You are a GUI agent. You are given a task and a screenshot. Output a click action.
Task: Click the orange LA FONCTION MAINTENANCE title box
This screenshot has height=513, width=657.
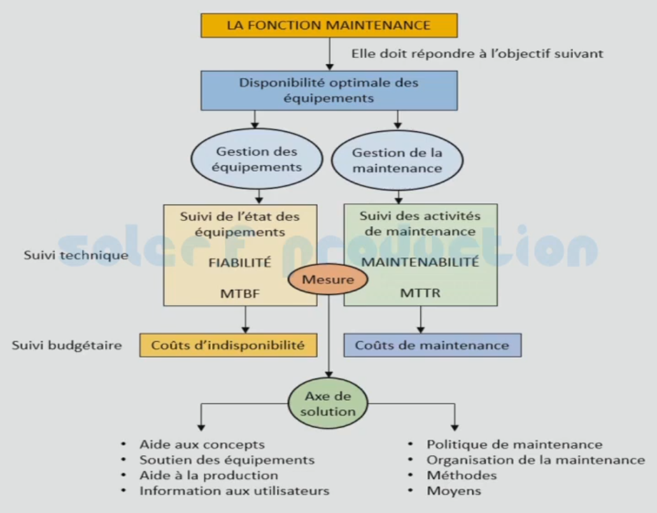click(x=329, y=25)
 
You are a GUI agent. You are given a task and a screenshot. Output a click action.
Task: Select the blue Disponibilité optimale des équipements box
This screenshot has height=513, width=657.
click(x=329, y=90)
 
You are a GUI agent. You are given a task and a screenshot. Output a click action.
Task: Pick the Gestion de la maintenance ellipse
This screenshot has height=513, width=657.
click(x=397, y=161)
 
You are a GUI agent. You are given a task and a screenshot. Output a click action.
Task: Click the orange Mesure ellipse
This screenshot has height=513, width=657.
click(x=328, y=280)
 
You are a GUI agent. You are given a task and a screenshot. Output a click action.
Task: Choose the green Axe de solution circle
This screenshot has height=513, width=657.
click(x=328, y=403)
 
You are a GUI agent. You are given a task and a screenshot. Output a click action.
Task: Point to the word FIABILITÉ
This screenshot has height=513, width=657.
click(x=244, y=262)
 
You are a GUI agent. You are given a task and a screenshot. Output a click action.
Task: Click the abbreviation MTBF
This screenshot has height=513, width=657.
click(x=244, y=294)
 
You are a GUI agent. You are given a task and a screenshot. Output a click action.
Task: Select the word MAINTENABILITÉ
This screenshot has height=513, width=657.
click(x=420, y=262)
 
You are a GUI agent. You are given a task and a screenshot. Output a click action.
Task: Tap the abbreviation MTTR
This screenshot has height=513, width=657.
click(x=420, y=294)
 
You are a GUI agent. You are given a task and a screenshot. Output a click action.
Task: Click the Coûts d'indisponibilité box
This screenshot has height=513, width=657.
click(x=229, y=345)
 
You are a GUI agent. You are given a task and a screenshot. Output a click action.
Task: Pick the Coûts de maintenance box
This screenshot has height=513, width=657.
click(x=432, y=345)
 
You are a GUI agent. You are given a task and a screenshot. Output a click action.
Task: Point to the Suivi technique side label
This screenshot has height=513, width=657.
click(x=76, y=256)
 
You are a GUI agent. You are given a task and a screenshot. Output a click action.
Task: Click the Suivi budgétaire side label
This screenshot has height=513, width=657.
click(x=67, y=345)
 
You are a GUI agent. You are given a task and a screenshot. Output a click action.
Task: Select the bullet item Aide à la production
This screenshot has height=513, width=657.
click(x=209, y=475)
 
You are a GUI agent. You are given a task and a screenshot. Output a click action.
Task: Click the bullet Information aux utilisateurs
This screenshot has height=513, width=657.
click(x=234, y=491)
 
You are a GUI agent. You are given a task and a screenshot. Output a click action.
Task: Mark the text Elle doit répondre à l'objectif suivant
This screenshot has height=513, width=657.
click(x=477, y=54)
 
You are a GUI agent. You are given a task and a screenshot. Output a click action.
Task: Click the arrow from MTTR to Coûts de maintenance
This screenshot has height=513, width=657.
click(x=420, y=319)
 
